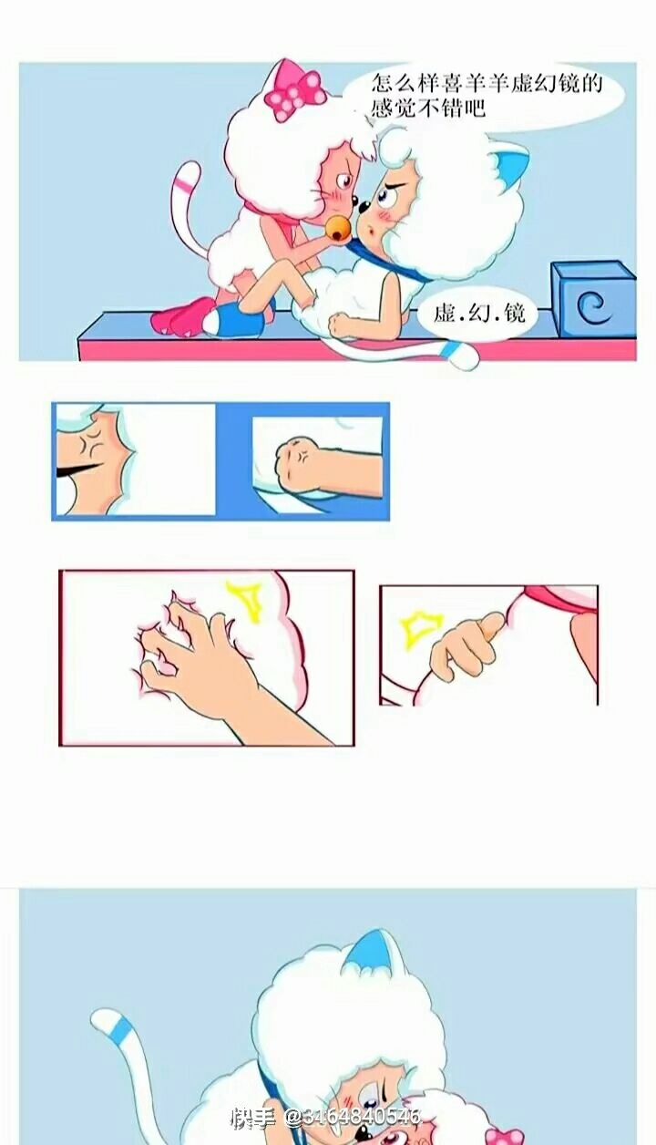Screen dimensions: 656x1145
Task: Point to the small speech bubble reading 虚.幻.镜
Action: pos(478,314)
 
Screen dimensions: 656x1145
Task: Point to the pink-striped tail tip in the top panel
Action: pos(187,174)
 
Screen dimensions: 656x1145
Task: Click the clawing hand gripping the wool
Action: pos(204,659)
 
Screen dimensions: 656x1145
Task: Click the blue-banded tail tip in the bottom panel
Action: pos(118,1024)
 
